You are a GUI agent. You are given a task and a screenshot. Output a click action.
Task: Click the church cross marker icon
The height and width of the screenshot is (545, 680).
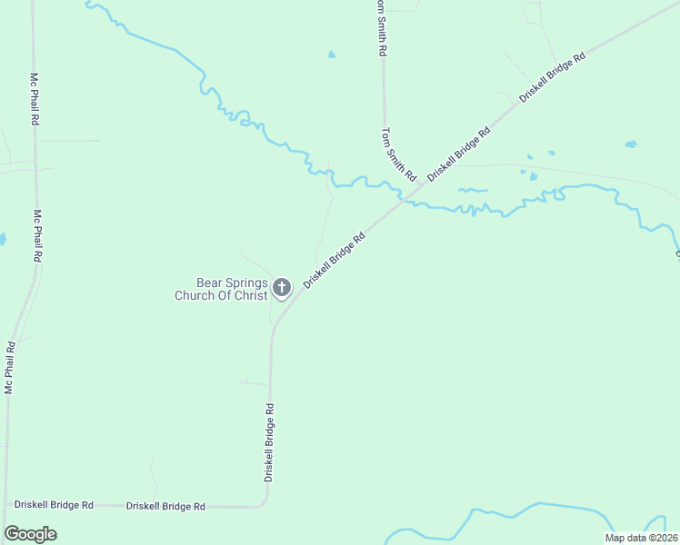point(282,288)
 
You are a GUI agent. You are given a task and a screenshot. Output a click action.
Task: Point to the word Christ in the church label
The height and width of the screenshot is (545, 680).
point(251,295)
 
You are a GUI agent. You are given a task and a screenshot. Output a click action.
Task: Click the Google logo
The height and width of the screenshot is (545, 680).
point(30,534)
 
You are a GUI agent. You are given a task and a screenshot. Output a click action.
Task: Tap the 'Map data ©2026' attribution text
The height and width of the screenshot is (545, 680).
point(641,538)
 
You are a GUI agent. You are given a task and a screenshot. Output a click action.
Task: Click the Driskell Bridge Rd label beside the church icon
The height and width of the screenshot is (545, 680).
point(335,260)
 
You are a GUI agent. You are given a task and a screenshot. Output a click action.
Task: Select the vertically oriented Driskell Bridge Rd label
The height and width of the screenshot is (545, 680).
point(269,442)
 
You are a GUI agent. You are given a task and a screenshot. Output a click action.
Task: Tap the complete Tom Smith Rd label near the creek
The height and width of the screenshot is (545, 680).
point(398,153)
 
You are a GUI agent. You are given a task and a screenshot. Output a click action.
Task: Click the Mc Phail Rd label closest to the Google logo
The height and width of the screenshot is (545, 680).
point(10,366)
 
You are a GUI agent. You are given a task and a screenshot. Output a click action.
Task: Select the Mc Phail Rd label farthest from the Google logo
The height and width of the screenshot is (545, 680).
point(34,99)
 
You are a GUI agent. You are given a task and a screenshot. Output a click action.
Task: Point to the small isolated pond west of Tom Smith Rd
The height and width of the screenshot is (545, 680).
point(332,54)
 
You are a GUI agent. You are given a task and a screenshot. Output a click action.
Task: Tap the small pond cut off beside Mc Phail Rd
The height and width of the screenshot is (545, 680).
point(2,240)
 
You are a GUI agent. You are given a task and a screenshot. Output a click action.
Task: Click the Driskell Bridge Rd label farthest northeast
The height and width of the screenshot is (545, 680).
point(552,75)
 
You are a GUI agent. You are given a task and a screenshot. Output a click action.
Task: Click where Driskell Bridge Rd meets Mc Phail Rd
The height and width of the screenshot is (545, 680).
point(5,503)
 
